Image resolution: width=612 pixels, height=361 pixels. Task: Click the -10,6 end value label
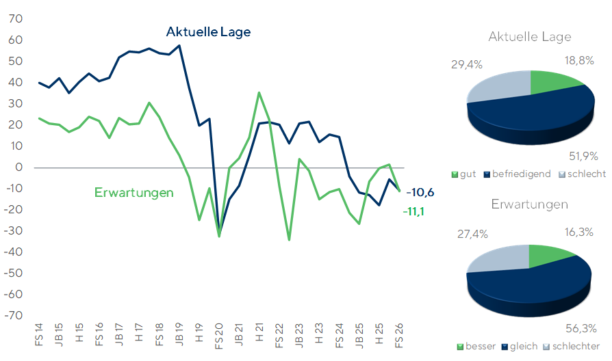[x=420, y=193]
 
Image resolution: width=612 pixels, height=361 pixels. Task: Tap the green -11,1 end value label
[x=413, y=212]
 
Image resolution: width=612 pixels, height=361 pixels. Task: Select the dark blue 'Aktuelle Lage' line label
[x=208, y=32]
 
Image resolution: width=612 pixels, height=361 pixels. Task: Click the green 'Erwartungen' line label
[x=134, y=193]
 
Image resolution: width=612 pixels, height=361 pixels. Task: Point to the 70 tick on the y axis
[x=16, y=18]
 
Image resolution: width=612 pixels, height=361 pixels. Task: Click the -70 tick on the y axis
[x=13, y=315]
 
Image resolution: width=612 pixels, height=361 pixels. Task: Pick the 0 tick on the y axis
[x=18, y=168]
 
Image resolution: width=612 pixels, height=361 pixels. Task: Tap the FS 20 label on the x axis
[x=218, y=336]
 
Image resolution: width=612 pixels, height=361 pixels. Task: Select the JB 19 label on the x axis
[x=179, y=334]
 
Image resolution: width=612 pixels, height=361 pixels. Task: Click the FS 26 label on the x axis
[x=398, y=336]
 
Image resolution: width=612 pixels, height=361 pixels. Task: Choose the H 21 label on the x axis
[x=259, y=332]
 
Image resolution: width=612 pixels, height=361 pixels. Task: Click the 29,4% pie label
[x=467, y=65]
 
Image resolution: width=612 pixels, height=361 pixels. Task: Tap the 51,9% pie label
[x=583, y=157]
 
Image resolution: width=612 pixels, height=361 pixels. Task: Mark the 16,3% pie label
[x=579, y=232]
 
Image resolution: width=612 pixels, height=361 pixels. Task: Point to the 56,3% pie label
[x=581, y=329]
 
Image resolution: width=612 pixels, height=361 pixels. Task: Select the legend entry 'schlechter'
[x=572, y=346]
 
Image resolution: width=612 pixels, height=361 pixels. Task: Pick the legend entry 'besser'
[x=476, y=346]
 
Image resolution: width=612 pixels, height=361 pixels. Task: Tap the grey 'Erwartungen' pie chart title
[x=529, y=204]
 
